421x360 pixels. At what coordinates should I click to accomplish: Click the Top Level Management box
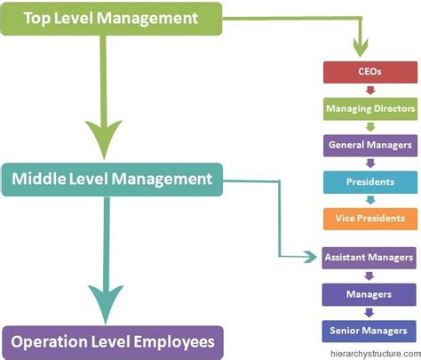tap(110, 19)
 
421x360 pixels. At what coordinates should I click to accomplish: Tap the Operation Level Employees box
tap(110, 340)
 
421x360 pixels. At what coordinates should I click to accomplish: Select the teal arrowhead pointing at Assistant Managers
tap(310, 258)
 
